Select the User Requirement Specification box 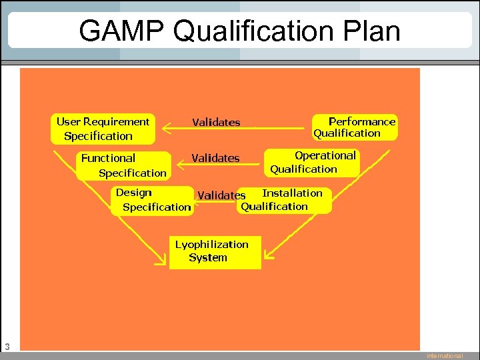103,129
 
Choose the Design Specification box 153,200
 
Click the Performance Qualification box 355,127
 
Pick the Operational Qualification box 313,162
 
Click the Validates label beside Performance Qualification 216,122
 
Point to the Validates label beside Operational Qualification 215,158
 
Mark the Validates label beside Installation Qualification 221,195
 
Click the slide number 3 7,346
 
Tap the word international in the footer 445,356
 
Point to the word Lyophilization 211,244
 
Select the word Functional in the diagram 108,158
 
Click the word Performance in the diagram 362,121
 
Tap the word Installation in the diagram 292,193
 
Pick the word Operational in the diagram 325,155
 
